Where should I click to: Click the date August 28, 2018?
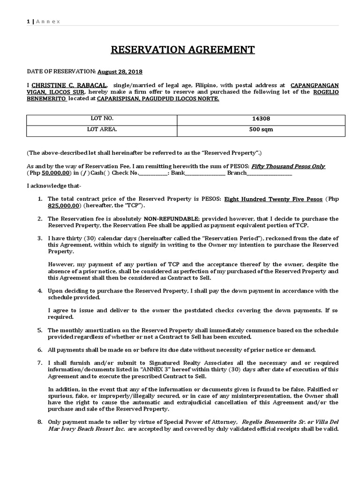[x=120, y=72]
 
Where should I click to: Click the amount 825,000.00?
[x=64, y=206]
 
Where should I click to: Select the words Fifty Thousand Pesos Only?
[x=288, y=166]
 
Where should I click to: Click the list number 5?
[x=40, y=330]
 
